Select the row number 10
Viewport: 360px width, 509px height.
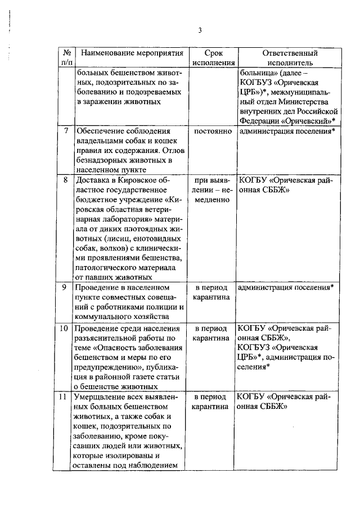(x=65, y=328)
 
